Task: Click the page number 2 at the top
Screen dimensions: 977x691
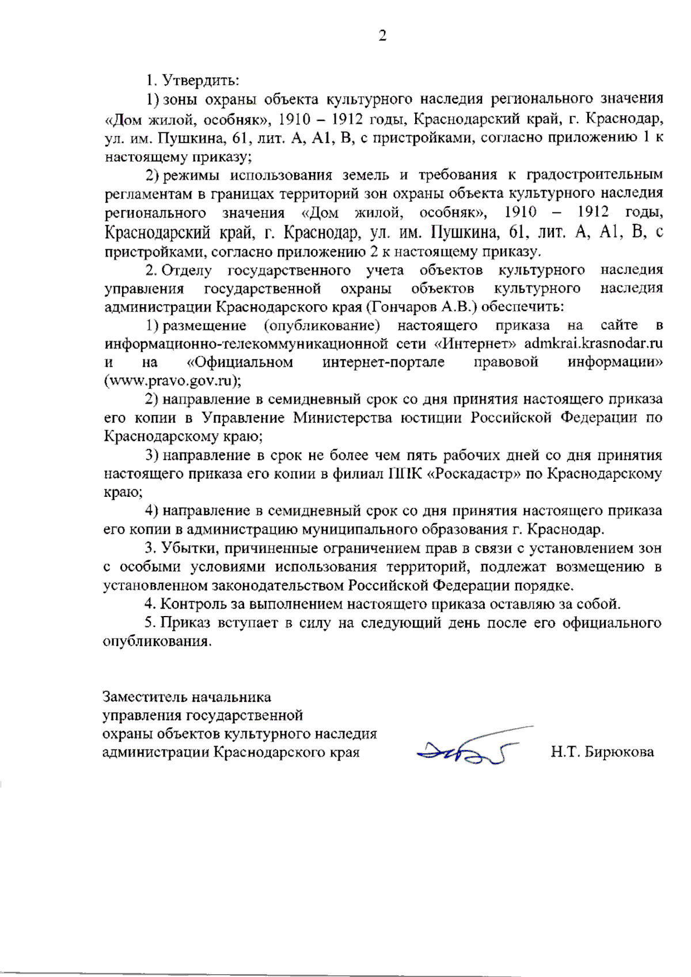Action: tap(382, 36)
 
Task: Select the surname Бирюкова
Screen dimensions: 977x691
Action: tap(619, 752)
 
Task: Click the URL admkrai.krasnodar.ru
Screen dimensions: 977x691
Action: tap(593, 344)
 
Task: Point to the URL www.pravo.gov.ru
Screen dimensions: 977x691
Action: tap(172, 381)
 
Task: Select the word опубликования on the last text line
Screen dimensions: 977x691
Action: tap(156, 641)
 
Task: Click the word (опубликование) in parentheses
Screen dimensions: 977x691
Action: tap(321, 325)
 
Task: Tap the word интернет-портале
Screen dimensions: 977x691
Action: tap(383, 362)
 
